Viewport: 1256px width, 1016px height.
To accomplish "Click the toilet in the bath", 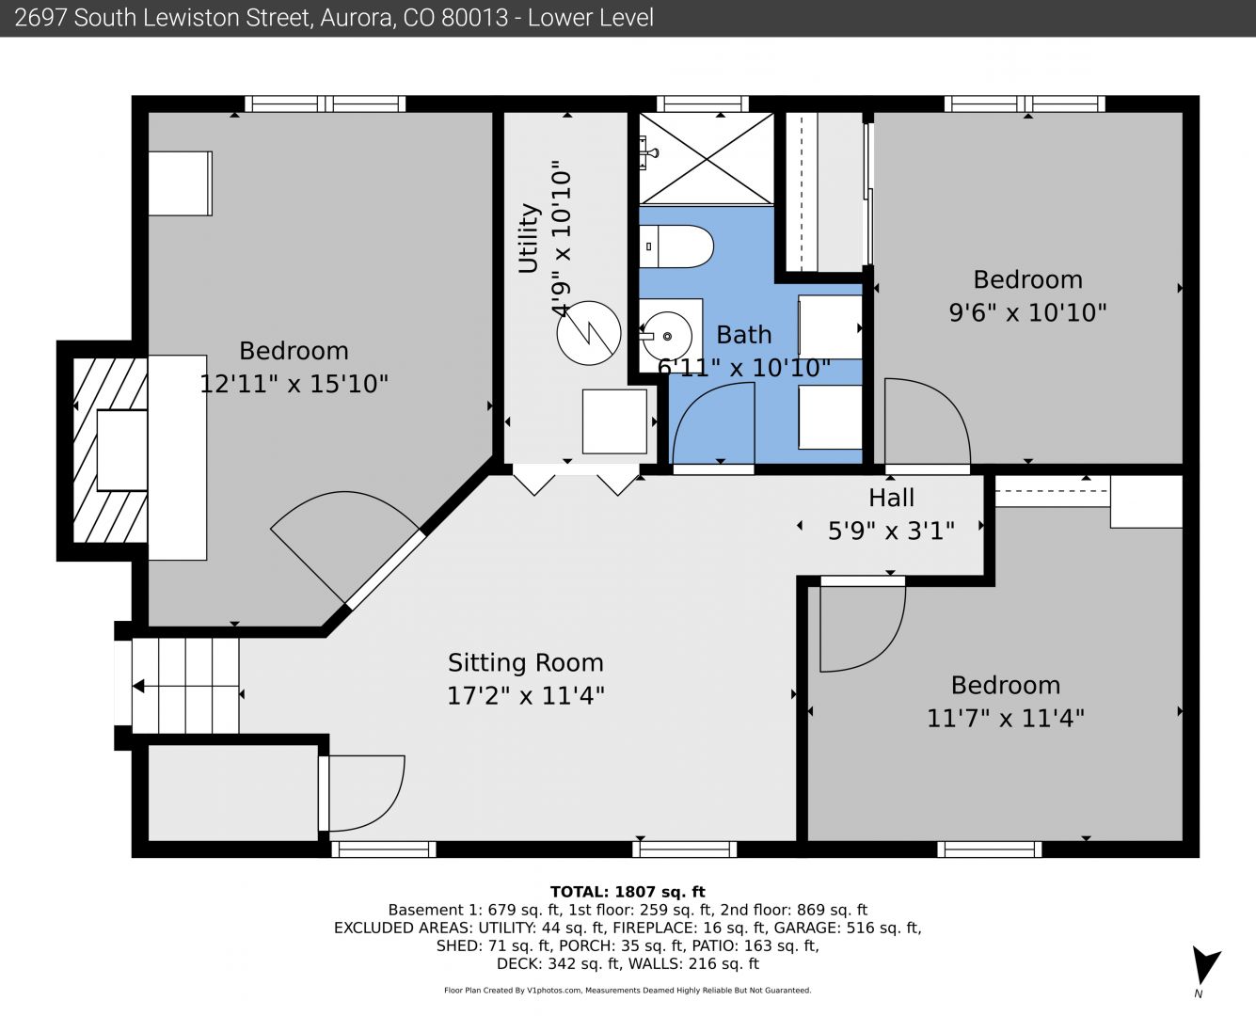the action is (x=676, y=246).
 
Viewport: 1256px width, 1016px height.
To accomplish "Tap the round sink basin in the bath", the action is (x=667, y=336).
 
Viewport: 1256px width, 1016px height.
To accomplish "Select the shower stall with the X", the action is (x=707, y=159).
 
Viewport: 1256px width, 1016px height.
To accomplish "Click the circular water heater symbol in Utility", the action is (x=589, y=333).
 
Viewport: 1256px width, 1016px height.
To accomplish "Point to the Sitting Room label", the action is (x=525, y=663).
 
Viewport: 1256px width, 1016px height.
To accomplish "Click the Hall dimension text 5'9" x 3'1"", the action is (x=891, y=532).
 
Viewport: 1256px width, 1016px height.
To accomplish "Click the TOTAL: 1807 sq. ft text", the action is (x=628, y=892).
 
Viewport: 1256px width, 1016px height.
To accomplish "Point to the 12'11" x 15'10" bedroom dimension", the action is (x=294, y=384).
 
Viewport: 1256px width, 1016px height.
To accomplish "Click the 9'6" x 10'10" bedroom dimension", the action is (x=1027, y=312).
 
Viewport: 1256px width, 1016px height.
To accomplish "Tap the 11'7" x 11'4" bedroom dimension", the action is (x=1006, y=718).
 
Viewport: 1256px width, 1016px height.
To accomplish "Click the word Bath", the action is (x=743, y=335).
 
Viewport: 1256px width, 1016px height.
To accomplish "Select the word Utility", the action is (x=529, y=238).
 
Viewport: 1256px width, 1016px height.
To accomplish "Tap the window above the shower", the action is (x=703, y=104).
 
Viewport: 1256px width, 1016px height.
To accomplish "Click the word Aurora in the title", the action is (x=357, y=18).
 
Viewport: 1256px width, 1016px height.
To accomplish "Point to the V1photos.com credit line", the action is (x=628, y=990).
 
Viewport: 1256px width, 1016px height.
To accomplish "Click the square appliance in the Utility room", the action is (x=614, y=421).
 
